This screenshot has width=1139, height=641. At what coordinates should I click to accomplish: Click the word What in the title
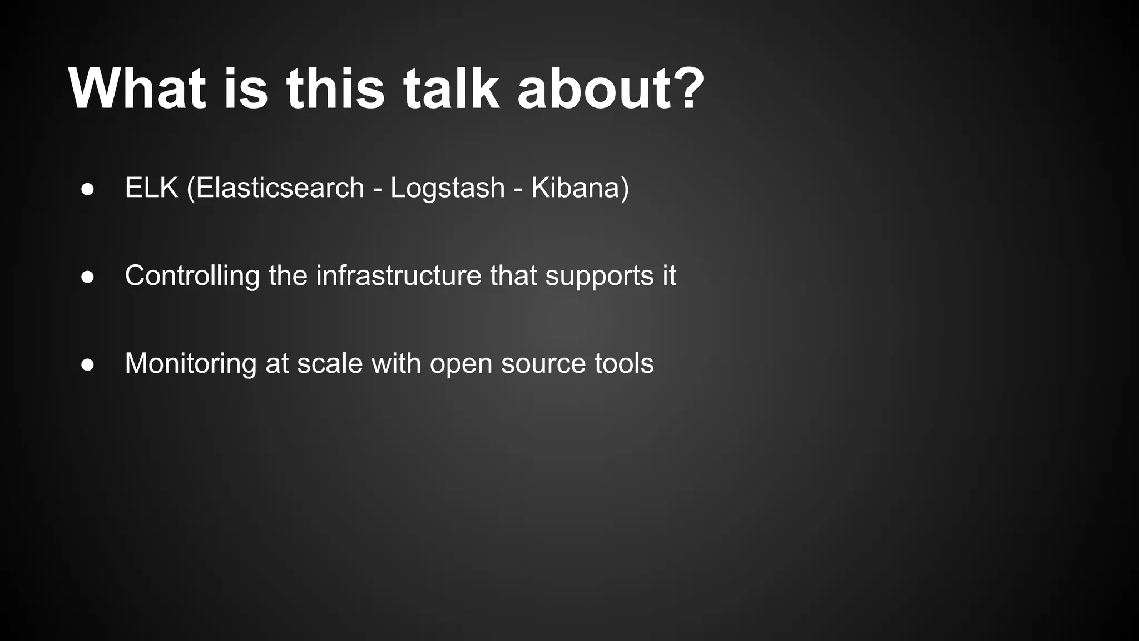click(137, 89)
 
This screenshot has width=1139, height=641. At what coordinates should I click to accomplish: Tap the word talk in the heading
click(450, 89)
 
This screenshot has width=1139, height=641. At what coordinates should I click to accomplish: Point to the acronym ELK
click(151, 188)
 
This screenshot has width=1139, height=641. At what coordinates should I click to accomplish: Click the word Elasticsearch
click(280, 188)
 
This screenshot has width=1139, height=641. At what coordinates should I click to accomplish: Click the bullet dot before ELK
click(87, 189)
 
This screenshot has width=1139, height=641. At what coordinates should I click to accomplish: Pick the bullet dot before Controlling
click(87, 277)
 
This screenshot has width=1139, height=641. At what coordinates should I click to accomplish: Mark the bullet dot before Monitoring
click(87, 365)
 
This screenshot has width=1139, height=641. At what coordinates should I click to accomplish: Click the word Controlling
click(192, 275)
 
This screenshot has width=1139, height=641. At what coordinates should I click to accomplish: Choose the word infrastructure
click(398, 275)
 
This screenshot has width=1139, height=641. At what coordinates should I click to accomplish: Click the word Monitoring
click(190, 364)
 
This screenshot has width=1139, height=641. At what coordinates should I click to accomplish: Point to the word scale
click(329, 363)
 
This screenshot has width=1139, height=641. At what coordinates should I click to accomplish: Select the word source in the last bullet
click(543, 364)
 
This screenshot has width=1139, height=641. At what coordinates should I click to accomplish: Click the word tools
click(623, 363)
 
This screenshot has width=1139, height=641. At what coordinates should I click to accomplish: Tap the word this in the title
click(335, 89)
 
